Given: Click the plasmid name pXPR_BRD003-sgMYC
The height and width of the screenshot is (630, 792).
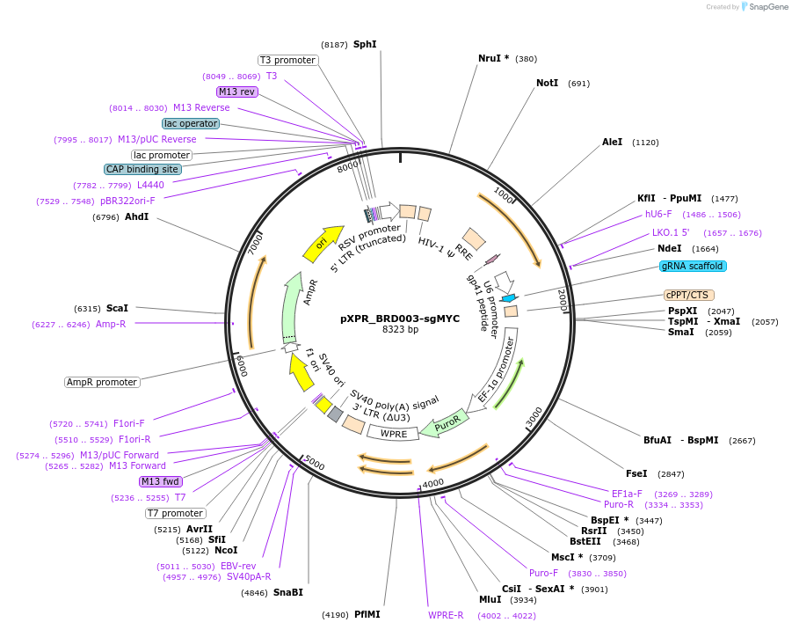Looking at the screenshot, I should [399, 319].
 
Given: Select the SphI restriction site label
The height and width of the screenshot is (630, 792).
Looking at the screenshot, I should [365, 44].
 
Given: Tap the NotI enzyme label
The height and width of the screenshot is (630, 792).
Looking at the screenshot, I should [547, 84].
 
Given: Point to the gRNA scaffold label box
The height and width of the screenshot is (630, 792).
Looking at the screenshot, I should [694, 266].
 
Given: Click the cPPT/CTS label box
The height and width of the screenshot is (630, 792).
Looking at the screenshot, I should [688, 295].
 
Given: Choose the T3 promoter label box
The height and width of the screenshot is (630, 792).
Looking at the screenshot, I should [287, 60].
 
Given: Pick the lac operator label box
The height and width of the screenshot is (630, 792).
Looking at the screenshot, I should [191, 123].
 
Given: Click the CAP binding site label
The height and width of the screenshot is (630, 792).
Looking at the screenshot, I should [142, 169].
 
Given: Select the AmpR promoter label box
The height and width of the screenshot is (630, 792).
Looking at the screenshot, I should [102, 382].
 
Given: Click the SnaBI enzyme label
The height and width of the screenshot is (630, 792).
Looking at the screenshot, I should [287, 592].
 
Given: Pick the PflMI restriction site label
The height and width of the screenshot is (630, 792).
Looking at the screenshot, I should [367, 614].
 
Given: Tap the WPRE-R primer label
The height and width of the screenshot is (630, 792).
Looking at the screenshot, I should [446, 615].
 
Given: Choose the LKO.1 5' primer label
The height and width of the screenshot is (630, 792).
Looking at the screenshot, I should [671, 233].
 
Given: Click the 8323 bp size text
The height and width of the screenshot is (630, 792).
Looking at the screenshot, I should [399, 330].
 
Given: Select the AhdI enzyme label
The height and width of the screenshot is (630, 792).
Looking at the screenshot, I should [136, 216].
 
